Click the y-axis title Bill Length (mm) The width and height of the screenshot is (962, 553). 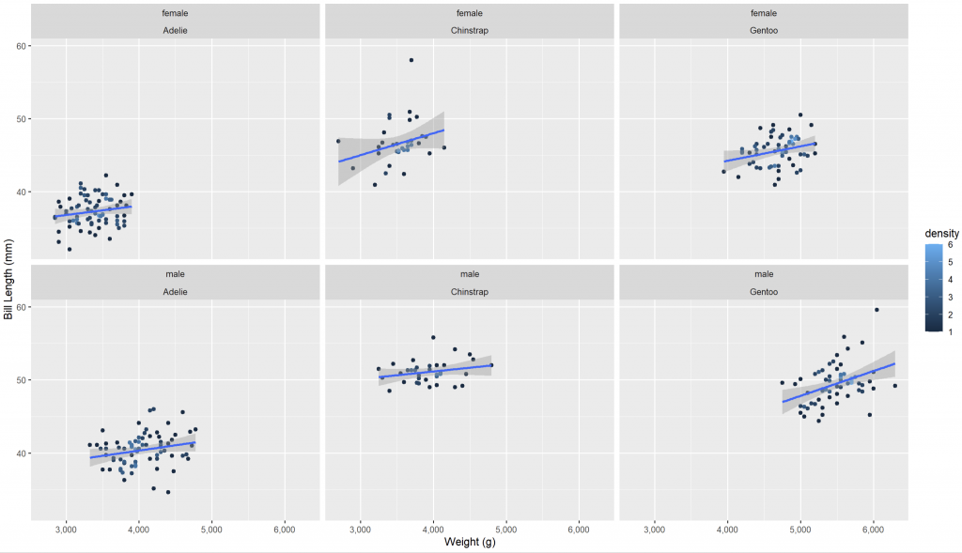pos(8,278)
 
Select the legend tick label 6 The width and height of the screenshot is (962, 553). pos(950,245)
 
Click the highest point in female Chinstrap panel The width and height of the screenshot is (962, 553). pos(411,60)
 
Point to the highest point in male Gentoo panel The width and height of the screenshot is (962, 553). pos(877,310)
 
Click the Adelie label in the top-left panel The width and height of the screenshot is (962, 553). pos(176,30)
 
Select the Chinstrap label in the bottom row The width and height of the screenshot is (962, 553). pos(470,291)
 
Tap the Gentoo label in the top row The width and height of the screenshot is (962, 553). pos(763,30)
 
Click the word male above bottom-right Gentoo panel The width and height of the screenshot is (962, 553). pos(763,274)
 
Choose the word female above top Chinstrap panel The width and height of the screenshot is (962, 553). pos(470,13)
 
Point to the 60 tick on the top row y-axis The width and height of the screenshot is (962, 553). pos(20,46)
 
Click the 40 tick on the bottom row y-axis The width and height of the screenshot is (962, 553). pos(20,453)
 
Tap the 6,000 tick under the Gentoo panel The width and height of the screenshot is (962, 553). pos(874,530)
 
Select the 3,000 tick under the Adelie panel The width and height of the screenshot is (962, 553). pos(66,530)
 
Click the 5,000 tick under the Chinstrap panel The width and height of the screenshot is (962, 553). pos(506,530)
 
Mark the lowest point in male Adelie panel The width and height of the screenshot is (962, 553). pos(168,492)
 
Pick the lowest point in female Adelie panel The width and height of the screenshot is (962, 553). pos(70,249)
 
